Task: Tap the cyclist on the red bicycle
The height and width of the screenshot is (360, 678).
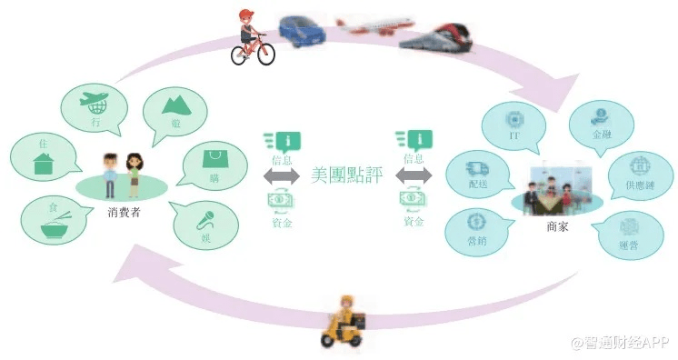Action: click(x=251, y=38)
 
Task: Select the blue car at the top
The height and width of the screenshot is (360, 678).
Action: click(x=304, y=29)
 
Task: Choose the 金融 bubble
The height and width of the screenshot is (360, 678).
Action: click(x=601, y=123)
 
